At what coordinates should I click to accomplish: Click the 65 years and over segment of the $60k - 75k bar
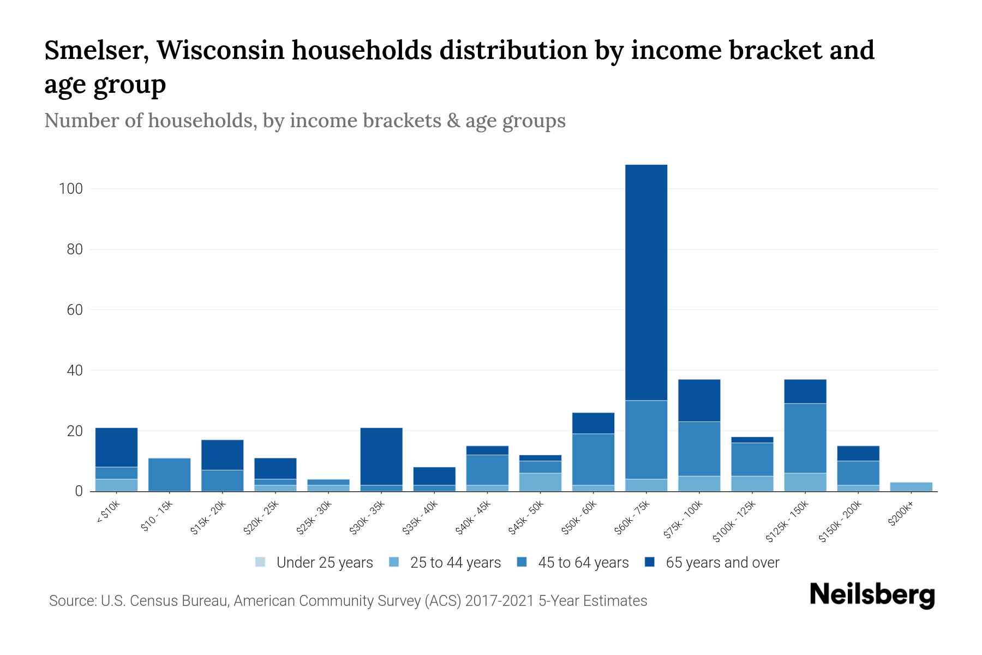coord(646,282)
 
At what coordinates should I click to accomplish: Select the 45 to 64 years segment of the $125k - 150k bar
coord(805,438)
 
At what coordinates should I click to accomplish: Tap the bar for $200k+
coord(911,486)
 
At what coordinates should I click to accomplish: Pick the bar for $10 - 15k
coord(169,474)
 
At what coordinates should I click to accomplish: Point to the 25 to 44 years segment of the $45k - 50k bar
coord(540,482)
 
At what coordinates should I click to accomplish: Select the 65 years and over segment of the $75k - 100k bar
coord(699,400)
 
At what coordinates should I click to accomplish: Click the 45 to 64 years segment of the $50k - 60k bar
coord(593,459)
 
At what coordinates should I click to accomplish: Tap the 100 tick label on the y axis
coord(70,189)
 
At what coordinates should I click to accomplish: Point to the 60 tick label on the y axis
coord(74,310)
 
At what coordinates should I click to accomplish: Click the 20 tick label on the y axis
coord(74,431)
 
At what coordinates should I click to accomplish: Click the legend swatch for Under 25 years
coord(261,562)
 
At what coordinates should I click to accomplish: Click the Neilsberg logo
coord(872,594)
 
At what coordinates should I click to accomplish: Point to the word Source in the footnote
coord(71,601)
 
